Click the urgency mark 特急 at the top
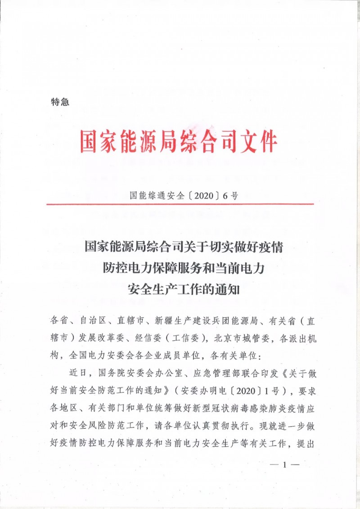(60, 103)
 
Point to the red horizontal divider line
(180, 204)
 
